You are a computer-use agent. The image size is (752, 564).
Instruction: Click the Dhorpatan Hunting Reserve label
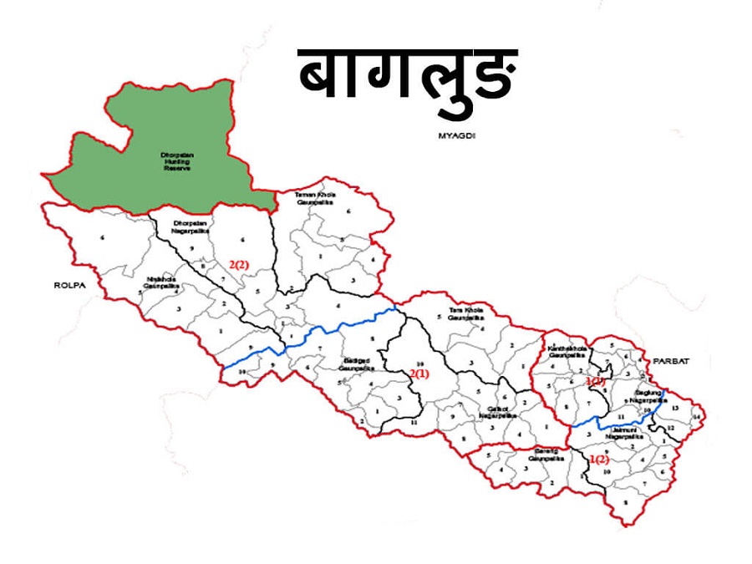click(176, 161)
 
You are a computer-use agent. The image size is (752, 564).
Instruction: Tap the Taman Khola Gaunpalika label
click(314, 197)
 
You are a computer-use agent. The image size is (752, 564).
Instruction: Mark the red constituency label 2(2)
click(239, 265)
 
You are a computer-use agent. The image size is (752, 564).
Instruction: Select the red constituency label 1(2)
click(599, 460)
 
